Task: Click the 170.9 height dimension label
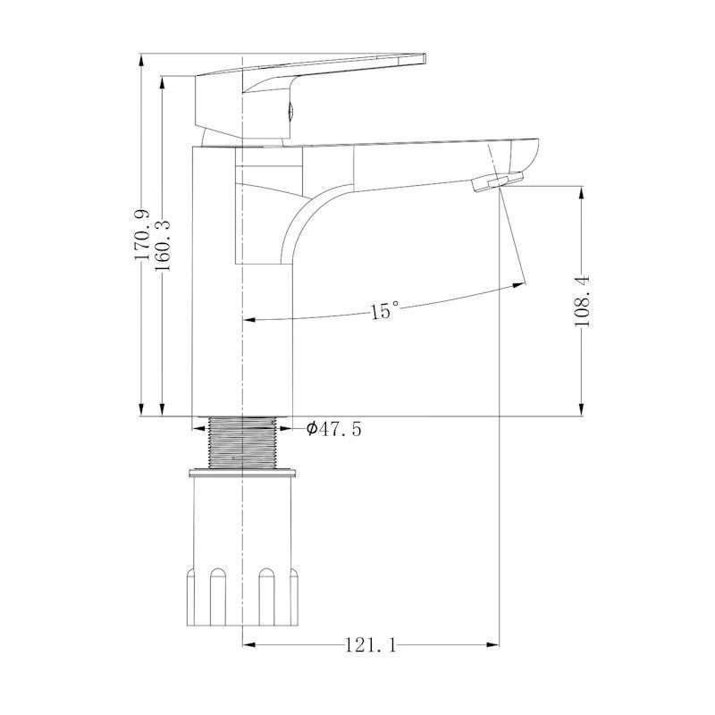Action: coord(142,235)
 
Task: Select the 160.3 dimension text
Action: coord(162,246)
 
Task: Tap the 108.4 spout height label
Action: coord(582,301)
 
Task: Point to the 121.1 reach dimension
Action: coord(370,645)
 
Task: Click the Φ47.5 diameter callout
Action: coord(333,429)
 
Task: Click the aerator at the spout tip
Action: coord(498,181)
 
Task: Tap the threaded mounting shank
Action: coord(242,442)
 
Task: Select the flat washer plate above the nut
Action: coord(243,473)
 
